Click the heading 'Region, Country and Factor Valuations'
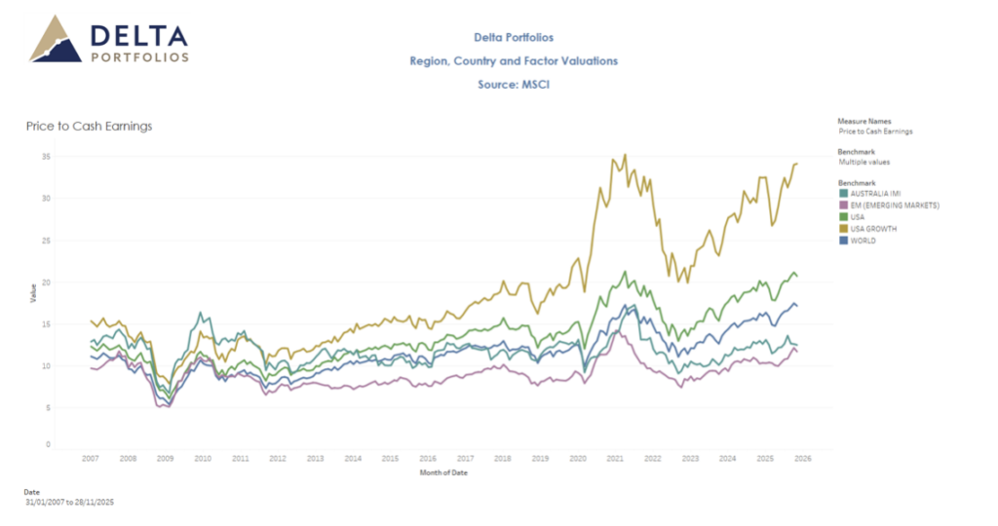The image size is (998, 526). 514,61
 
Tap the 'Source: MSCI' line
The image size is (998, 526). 514,85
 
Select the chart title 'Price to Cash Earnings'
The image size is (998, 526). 89,126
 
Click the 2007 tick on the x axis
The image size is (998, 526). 91,457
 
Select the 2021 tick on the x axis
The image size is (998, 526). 615,457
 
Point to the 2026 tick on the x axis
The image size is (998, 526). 802,457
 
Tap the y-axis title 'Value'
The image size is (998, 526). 33,292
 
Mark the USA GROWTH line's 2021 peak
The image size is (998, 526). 625,155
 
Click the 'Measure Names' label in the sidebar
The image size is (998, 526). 864,122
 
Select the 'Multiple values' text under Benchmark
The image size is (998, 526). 864,162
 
